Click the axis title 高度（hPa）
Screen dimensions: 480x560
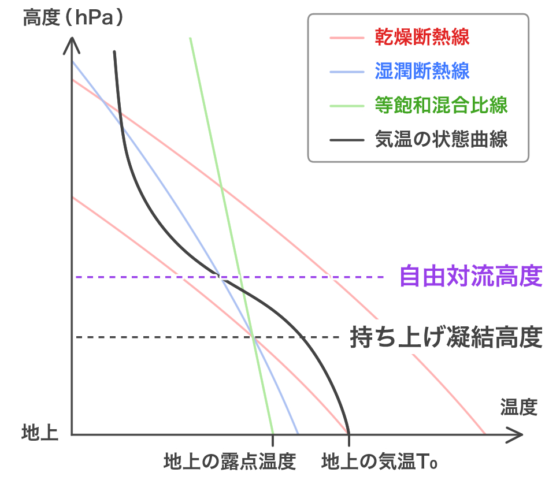pos(73,18)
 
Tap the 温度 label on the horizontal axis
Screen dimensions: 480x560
pos(518,408)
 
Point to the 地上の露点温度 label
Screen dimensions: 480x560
pos(230,462)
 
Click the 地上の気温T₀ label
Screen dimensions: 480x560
pos(379,462)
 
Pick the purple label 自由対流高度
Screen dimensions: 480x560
pos(471,277)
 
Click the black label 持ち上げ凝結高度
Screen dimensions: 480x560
pos(446,337)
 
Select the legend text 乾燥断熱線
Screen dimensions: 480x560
pos(421,39)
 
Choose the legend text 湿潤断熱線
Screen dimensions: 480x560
pos(421,72)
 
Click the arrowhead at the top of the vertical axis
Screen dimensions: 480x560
pos(72,42)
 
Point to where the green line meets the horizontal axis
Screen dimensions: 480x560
pos(272,434)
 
